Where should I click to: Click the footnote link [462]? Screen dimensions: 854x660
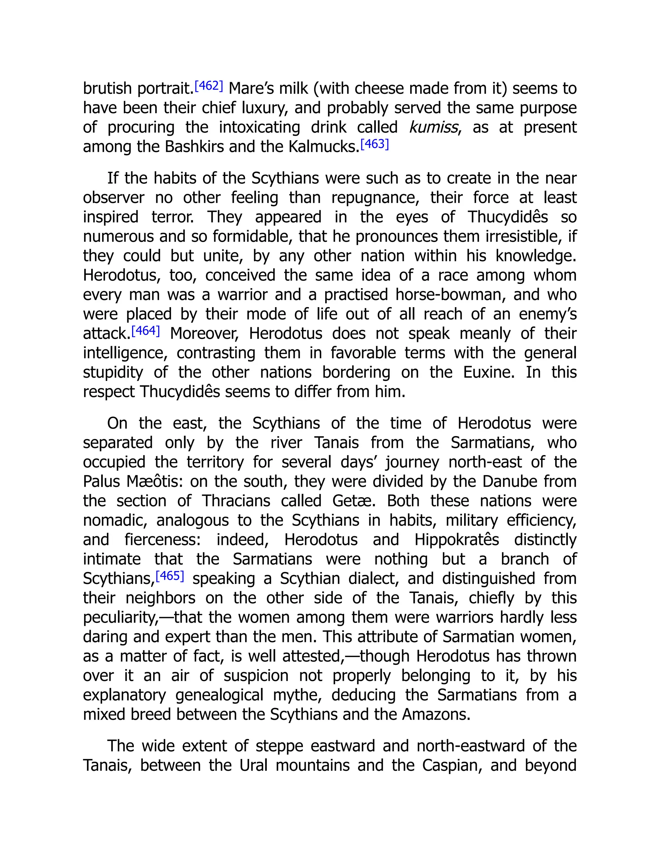[x=209, y=86]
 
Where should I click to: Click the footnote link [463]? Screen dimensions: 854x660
[x=374, y=144]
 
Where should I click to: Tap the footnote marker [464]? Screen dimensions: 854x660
[x=145, y=331]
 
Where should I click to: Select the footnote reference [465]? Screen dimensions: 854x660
[x=170, y=576]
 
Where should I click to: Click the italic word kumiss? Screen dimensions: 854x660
[x=433, y=128]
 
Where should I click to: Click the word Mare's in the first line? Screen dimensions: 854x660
[x=246, y=89]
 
